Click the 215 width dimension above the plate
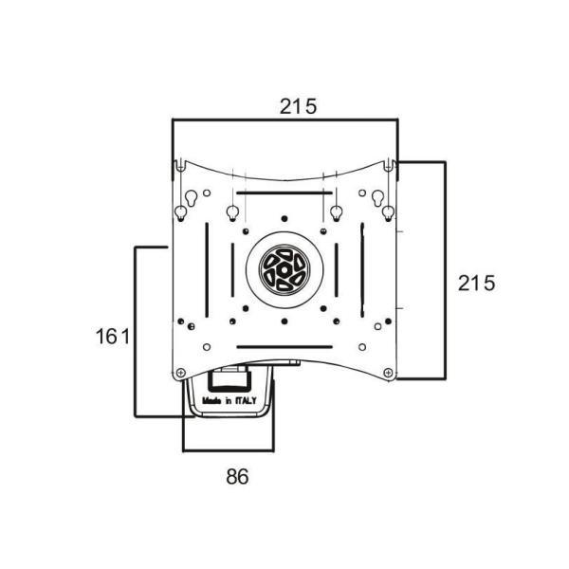click(x=298, y=106)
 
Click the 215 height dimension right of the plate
click(x=476, y=284)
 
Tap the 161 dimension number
click(x=113, y=337)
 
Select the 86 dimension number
click(x=237, y=476)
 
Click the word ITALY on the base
click(x=246, y=400)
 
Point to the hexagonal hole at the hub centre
click(x=284, y=269)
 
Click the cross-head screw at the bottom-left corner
click(x=180, y=373)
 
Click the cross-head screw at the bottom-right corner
click(x=388, y=373)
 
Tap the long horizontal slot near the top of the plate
click(x=284, y=193)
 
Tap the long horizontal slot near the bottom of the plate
click(x=284, y=347)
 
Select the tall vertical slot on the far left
click(x=207, y=270)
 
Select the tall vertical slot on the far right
click(x=362, y=270)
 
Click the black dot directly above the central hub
click(x=284, y=218)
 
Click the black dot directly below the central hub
click(x=284, y=321)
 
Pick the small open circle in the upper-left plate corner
click(x=207, y=193)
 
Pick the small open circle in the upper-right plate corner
click(x=362, y=193)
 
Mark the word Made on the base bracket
click(x=211, y=400)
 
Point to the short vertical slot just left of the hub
click(x=232, y=270)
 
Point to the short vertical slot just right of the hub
click(x=337, y=270)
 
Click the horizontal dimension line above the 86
click(x=229, y=450)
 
